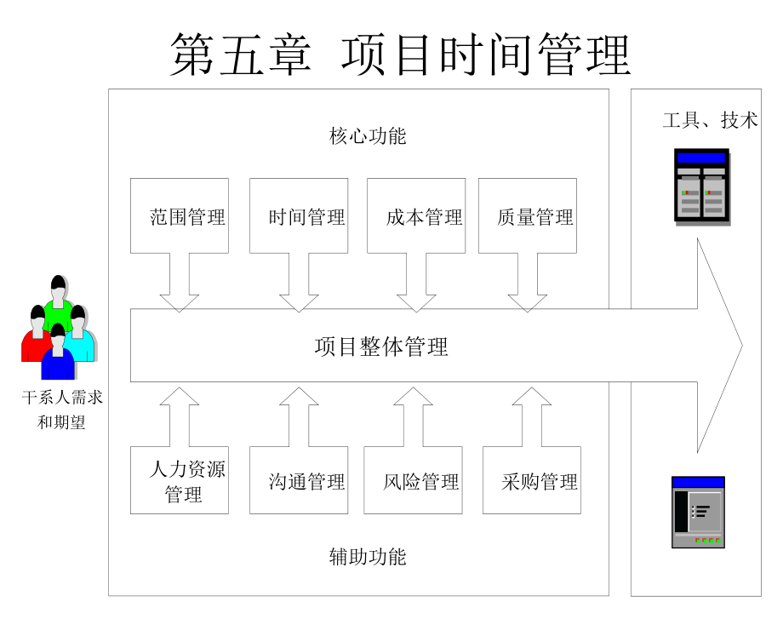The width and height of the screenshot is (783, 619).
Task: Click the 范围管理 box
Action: (180, 215)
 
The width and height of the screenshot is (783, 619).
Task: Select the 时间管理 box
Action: (298, 215)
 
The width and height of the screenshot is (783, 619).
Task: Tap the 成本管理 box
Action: (416, 215)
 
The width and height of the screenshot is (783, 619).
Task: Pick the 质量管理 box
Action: (528, 215)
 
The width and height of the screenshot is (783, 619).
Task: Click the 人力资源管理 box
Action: (180, 480)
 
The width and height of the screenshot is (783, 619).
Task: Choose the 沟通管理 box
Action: (298, 480)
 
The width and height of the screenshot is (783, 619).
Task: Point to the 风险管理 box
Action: (413, 480)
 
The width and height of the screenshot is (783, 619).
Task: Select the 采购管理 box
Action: (532, 480)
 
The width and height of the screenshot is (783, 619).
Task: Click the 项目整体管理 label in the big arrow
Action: (381, 347)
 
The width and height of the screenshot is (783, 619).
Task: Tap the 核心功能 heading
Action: (368, 135)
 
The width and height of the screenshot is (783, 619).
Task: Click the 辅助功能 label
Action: (368, 557)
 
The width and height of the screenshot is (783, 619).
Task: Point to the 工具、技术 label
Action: (710, 120)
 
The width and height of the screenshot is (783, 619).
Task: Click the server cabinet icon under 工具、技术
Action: (701, 186)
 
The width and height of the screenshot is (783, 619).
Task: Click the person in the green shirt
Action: (59, 302)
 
